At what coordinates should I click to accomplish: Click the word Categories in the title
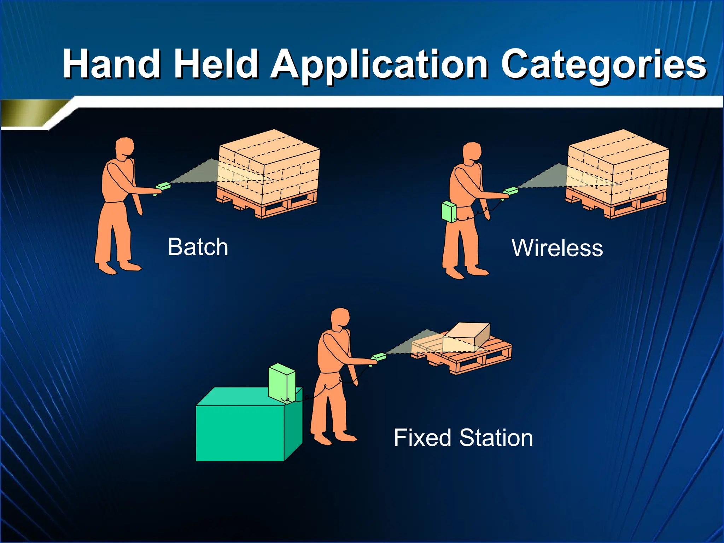click(x=604, y=64)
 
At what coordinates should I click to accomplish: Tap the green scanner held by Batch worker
click(x=163, y=186)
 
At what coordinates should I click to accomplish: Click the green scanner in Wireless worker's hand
click(x=511, y=191)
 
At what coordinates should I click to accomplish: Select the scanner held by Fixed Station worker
click(x=379, y=357)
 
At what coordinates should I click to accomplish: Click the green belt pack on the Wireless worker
click(x=449, y=211)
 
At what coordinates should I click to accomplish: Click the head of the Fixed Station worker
click(x=340, y=318)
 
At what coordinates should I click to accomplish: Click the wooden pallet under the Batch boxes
click(x=269, y=205)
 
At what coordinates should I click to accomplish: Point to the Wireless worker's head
click(x=472, y=152)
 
